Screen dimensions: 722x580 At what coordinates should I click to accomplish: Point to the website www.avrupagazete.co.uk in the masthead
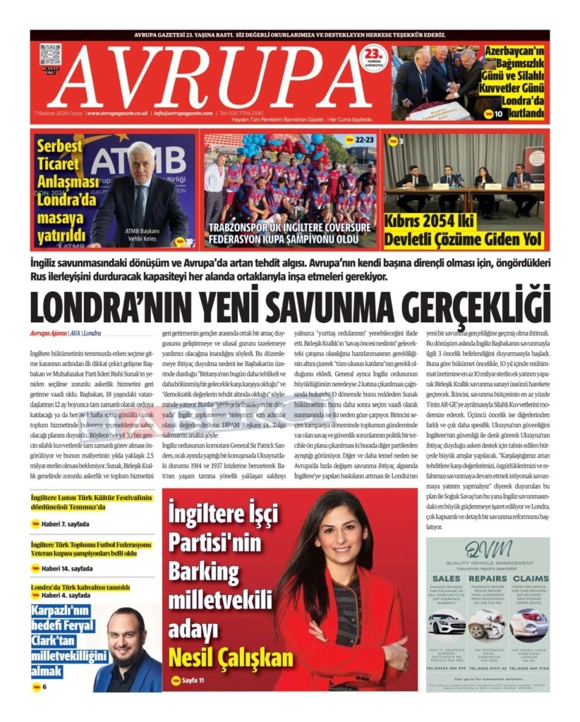coord(117,113)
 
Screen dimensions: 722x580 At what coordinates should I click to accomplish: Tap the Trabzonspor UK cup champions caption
coord(289,233)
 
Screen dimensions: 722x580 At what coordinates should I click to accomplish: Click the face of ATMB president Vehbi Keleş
coord(141,161)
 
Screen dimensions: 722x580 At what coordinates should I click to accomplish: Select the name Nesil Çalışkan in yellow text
coord(230,657)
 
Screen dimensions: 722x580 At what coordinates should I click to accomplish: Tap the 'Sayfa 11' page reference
coord(192,680)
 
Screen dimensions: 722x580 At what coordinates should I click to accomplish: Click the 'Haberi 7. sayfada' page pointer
coord(66,524)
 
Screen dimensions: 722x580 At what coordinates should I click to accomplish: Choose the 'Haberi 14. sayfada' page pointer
coord(66,568)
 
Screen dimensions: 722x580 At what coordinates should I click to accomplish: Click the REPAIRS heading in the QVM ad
coord(488,579)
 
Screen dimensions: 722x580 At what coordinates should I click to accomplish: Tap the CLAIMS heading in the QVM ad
coord(528,579)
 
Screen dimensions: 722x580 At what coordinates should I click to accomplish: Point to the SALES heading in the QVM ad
coord(447,579)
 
